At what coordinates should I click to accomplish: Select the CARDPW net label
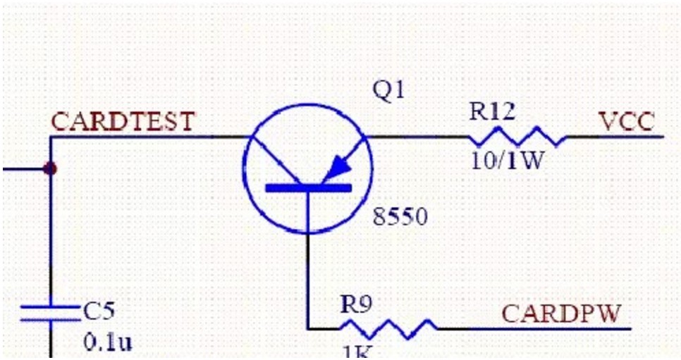click(x=561, y=313)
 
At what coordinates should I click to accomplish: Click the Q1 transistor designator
click(x=389, y=91)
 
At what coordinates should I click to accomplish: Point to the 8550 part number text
click(x=400, y=216)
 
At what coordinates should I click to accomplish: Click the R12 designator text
click(x=492, y=111)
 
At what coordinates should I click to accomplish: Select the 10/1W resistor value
click(x=508, y=161)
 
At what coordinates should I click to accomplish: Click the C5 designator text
click(x=99, y=311)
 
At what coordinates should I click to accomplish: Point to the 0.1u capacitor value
click(x=108, y=342)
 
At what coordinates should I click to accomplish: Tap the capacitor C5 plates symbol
click(x=50, y=314)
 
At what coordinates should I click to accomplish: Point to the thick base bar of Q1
click(x=307, y=187)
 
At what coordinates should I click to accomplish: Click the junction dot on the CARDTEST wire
click(x=50, y=169)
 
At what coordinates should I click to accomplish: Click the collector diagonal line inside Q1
click(x=275, y=159)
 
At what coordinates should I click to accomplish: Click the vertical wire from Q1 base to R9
click(x=308, y=268)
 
